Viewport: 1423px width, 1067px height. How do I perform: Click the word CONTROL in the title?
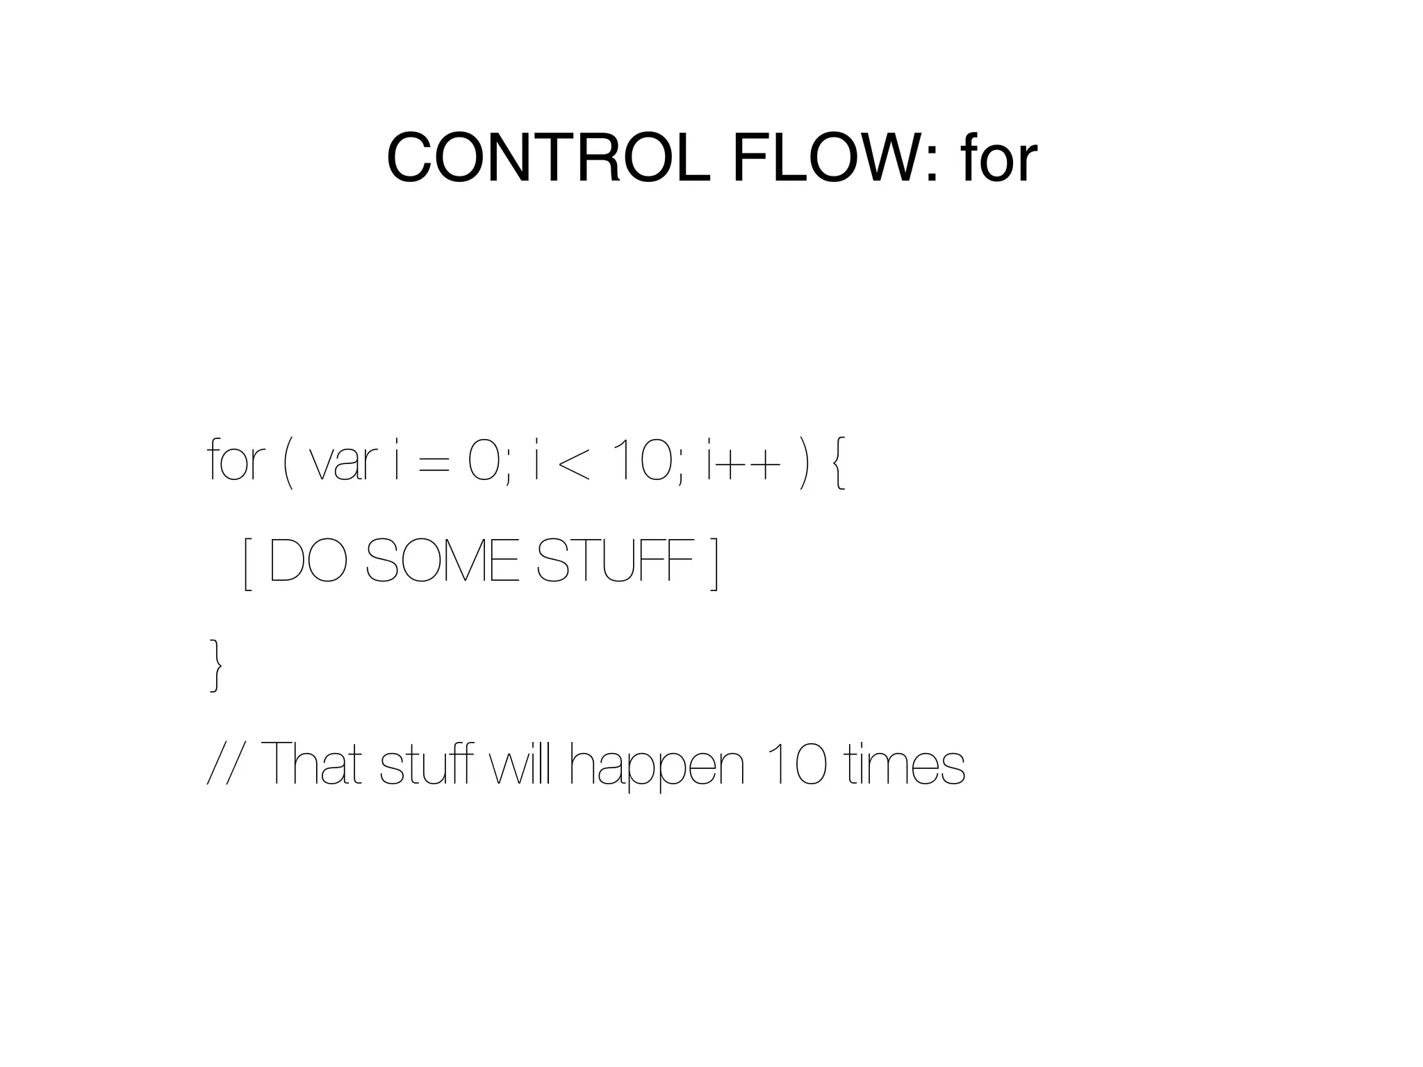click(x=549, y=158)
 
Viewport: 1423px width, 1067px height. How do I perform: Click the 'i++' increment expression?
click(x=739, y=462)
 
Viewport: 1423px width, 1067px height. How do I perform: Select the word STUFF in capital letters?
click(x=615, y=561)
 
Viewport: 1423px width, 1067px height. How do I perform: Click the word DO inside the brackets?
click(x=307, y=561)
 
